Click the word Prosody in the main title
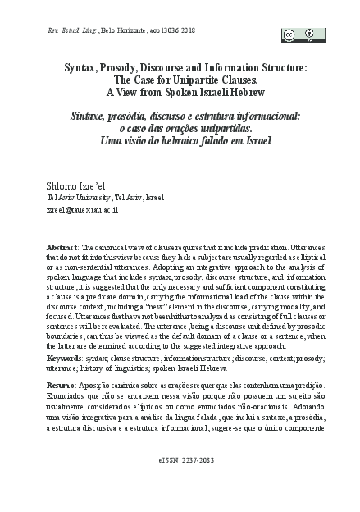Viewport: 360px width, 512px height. click(121, 67)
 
